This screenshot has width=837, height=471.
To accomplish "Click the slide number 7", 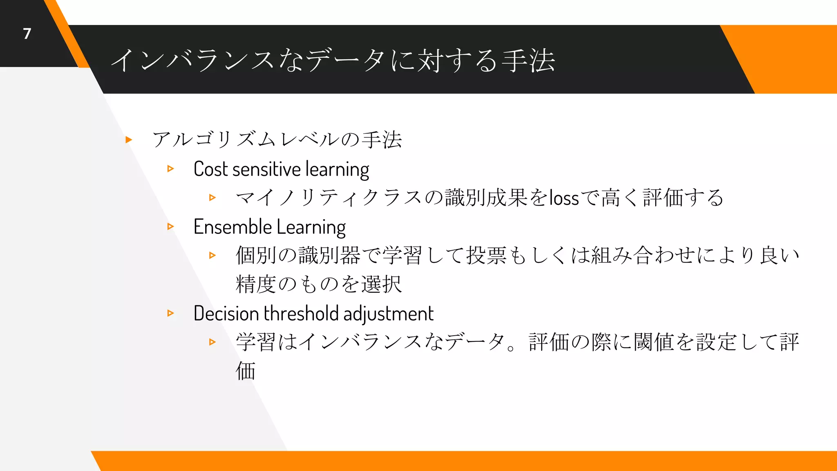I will click(x=27, y=34).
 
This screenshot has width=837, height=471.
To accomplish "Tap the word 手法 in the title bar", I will click(x=528, y=61).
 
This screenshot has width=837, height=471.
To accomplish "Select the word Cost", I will click(x=210, y=169).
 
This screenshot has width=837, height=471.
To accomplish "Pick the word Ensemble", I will click(x=233, y=227).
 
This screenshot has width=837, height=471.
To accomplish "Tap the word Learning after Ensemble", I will click(x=311, y=227).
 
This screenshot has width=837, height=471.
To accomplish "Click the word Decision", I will click(x=226, y=314).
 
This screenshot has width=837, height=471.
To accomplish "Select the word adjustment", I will click(x=388, y=314).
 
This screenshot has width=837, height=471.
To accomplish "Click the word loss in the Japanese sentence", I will click(x=564, y=198).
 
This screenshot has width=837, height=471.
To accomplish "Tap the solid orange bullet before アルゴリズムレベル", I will click(x=129, y=140).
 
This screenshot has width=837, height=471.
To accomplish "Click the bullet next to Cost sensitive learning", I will click(x=171, y=168).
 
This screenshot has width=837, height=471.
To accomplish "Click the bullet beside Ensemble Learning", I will click(x=171, y=227).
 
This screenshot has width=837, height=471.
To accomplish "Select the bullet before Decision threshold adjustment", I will click(x=171, y=313).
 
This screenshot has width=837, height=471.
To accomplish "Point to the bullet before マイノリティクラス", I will click(x=212, y=197).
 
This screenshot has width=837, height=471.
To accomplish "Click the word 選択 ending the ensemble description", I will click(x=381, y=285).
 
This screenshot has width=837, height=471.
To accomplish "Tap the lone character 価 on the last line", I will click(x=246, y=371).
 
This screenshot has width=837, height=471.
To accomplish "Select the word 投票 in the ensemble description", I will click(x=486, y=256).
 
